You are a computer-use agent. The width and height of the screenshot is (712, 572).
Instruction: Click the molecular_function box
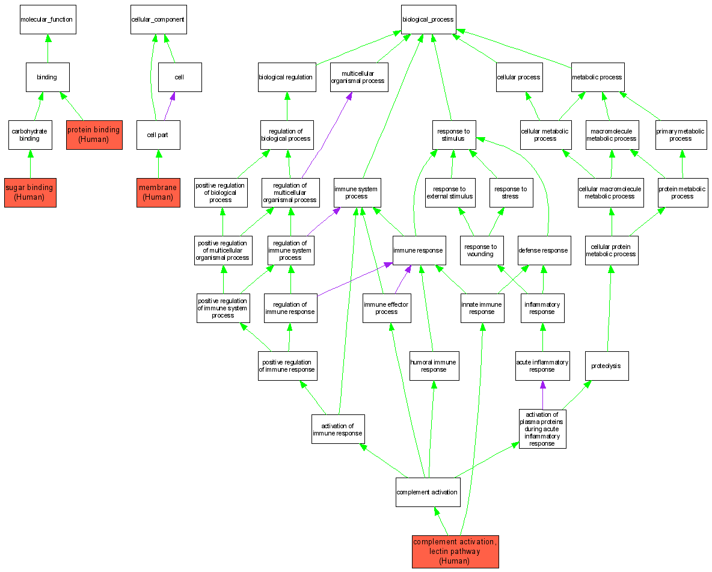click(48, 20)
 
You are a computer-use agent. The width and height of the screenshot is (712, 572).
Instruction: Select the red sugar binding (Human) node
click(30, 192)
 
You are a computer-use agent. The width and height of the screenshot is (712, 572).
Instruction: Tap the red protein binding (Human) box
click(94, 135)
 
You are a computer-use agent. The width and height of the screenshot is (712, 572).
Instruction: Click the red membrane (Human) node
click(158, 192)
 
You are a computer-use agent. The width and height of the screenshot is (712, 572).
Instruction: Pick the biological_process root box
click(429, 20)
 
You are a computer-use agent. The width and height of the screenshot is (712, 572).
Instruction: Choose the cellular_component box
click(158, 20)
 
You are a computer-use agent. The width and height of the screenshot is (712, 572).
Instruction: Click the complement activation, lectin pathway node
click(455, 552)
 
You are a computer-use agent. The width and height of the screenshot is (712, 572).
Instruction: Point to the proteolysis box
click(606, 366)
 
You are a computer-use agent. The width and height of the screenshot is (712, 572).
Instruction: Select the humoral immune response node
click(434, 366)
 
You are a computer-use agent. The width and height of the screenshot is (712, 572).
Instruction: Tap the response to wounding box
click(480, 250)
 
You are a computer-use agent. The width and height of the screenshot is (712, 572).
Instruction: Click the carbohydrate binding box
click(30, 135)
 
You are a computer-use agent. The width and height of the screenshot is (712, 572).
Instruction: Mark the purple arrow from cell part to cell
click(168, 106)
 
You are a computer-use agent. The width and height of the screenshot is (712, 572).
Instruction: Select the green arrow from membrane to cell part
click(158, 164)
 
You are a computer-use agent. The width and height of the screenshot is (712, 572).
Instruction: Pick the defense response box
click(543, 250)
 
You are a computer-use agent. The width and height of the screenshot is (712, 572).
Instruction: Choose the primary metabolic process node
click(681, 135)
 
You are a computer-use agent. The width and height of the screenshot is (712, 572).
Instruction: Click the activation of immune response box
click(338, 429)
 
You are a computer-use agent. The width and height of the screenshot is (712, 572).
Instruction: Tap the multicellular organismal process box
click(358, 77)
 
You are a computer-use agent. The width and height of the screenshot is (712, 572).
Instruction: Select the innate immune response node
click(482, 308)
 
